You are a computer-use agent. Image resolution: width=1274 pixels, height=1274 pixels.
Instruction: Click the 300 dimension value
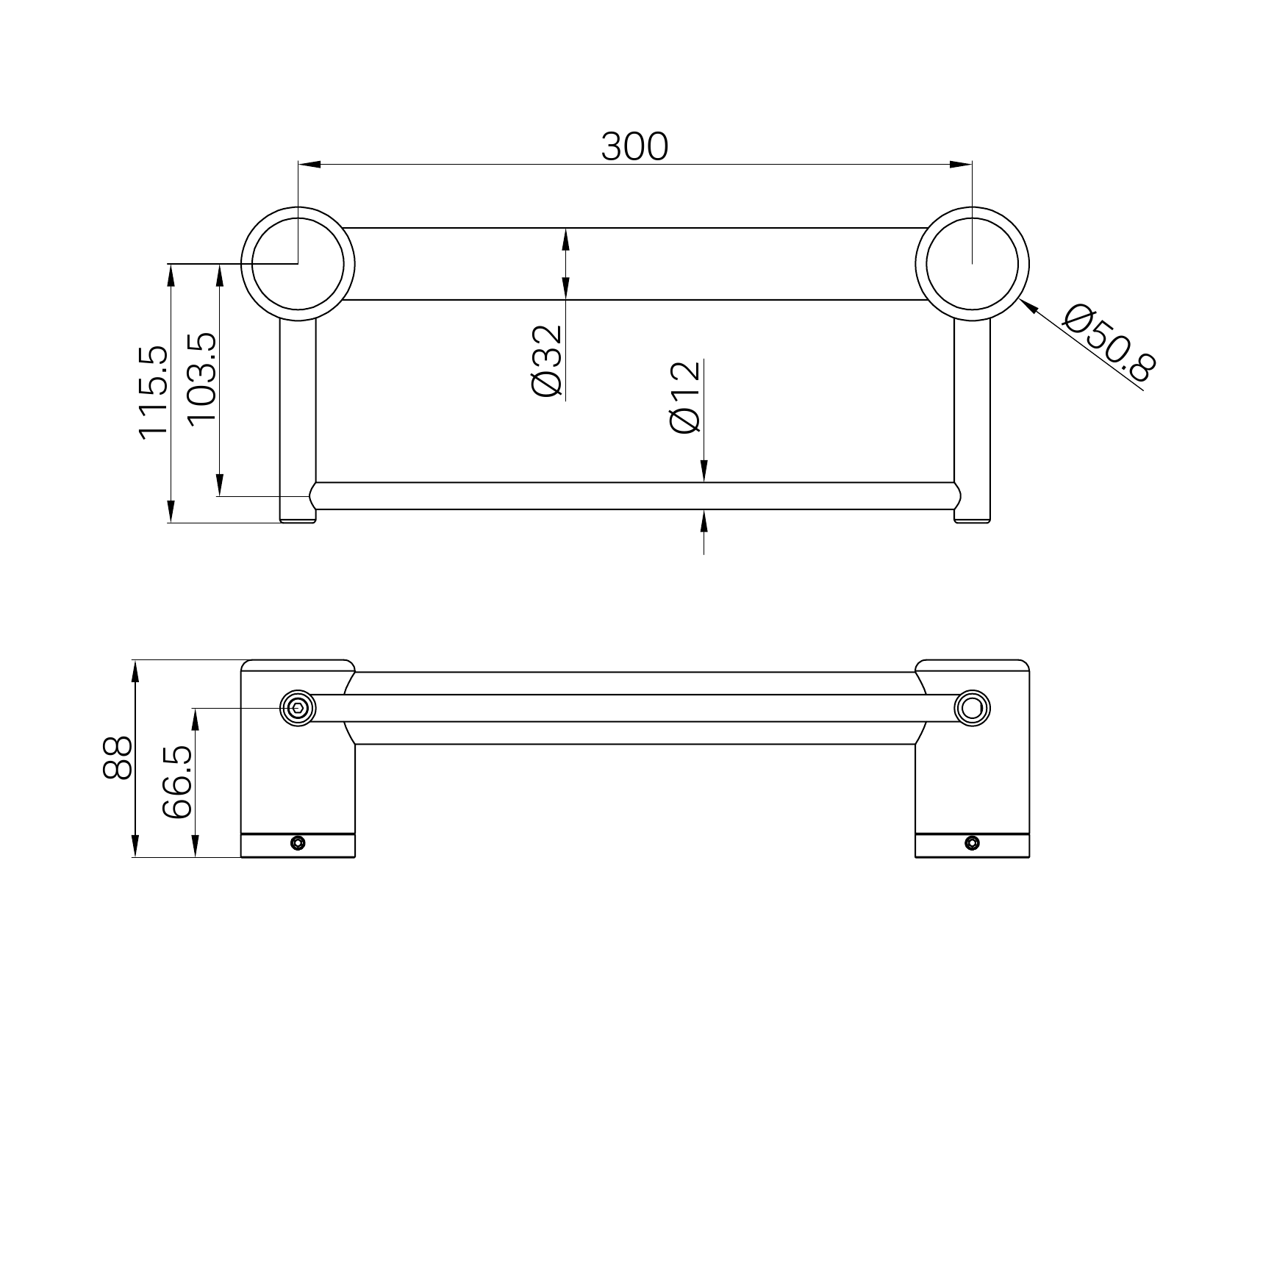point(634,146)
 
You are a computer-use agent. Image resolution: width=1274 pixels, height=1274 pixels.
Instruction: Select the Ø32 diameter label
point(548,361)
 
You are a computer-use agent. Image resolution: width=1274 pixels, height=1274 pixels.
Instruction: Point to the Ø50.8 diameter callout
point(1109,344)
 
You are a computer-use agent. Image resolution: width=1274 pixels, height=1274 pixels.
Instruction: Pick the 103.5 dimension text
point(203,378)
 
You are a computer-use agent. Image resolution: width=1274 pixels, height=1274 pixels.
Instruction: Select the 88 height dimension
point(118,758)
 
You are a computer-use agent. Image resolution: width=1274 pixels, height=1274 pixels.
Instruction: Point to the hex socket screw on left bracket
point(298,709)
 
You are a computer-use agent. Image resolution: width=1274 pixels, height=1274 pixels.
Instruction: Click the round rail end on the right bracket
point(972,709)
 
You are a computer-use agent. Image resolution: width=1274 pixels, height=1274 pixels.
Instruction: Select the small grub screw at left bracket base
point(298,842)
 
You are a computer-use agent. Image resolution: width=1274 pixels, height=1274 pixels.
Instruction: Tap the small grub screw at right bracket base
point(972,842)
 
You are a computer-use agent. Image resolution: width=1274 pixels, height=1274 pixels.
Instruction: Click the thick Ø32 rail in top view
point(634,264)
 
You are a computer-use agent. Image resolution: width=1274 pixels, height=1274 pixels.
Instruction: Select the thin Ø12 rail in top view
point(634,496)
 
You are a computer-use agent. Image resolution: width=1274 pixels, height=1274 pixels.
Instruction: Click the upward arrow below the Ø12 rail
point(704,521)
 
